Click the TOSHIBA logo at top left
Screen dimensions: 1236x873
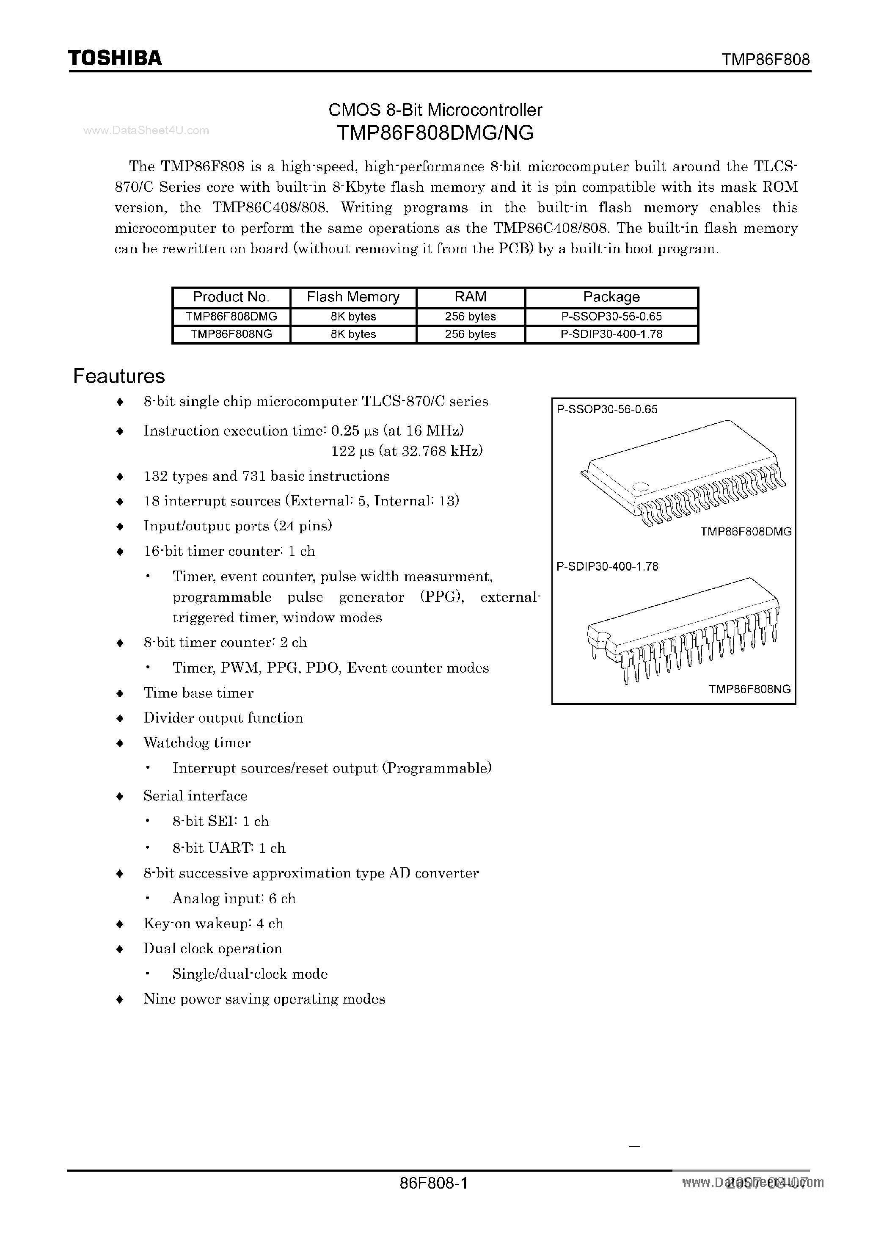point(115,58)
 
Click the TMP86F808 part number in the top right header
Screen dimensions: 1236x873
point(766,59)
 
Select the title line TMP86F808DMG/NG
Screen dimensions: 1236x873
point(435,132)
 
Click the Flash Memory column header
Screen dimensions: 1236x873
point(353,297)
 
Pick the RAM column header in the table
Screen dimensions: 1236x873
point(471,297)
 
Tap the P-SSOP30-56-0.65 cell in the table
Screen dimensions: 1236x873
point(611,317)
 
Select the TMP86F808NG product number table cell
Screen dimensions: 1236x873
point(231,334)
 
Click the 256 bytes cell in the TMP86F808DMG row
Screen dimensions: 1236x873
point(471,317)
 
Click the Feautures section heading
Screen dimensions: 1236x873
point(119,376)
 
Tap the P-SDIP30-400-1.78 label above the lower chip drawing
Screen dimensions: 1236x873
point(607,566)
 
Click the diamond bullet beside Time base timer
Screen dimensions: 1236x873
point(120,693)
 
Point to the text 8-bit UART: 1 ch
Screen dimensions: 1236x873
point(229,848)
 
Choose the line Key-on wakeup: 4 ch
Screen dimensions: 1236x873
point(213,924)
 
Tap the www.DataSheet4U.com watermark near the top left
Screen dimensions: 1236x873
point(146,130)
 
